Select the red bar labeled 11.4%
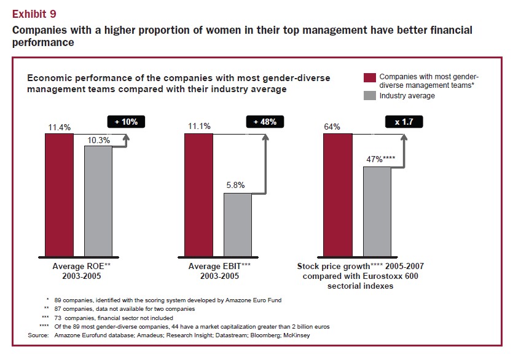click(59, 194)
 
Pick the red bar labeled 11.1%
click(199, 194)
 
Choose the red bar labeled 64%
click(338, 194)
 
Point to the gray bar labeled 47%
click(377, 211)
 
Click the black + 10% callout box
click(127, 122)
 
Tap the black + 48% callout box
click(265, 122)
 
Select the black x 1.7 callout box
click(404, 122)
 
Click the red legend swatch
click(369, 77)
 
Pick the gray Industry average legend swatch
click(369, 95)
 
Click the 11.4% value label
click(60, 127)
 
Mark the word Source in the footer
click(38, 335)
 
